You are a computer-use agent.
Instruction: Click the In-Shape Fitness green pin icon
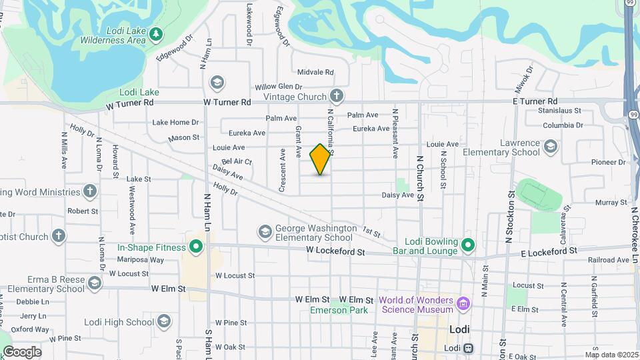tap(196, 247)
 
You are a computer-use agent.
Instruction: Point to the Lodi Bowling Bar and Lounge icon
tap(468, 245)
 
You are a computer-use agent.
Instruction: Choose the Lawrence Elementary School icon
tap(551, 146)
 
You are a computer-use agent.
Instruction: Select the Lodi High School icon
tap(164, 322)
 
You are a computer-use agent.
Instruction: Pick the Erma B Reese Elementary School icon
tap(94, 283)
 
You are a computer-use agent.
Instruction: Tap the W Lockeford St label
tap(336, 252)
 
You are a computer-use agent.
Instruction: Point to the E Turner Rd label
tap(535, 101)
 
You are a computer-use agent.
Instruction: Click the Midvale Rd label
tap(315, 72)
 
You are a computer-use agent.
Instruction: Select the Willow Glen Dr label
tap(279, 87)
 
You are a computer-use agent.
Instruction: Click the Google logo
tap(22, 351)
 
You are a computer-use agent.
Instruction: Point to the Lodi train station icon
tap(469, 348)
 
